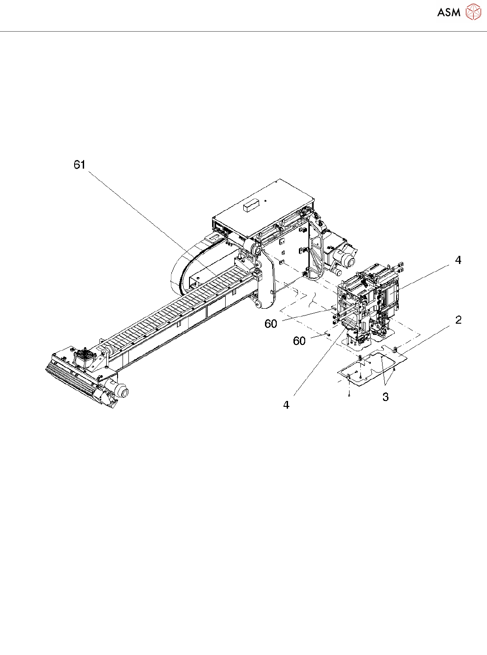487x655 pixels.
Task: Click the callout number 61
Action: click(80, 165)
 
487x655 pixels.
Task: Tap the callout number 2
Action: click(459, 320)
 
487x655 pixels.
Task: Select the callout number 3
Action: click(385, 397)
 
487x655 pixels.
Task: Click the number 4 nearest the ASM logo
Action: click(458, 260)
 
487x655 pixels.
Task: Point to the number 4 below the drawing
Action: click(286, 405)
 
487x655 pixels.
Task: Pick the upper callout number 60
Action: click(271, 324)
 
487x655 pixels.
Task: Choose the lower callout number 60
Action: click(299, 341)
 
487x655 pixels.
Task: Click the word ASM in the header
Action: click(449, 13)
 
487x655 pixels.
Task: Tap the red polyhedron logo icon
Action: click(473, 12)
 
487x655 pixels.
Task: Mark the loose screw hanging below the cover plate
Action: click(349, 395)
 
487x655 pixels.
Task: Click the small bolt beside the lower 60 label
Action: click(327, 335)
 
